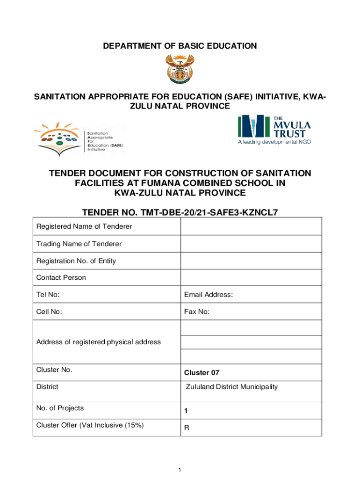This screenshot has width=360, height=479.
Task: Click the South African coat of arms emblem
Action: click(x=180, y=68)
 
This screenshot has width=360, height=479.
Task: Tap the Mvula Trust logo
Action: click(x=274, y=129)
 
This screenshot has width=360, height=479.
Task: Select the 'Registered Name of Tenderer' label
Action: click(x=84, y=226)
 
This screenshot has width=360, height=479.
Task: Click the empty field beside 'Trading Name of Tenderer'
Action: click(x=251, y=244)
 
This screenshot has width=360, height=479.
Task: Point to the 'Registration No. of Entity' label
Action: click(x=76, y=261)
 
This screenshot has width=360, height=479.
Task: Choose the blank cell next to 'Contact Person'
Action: click(x=251, y=277)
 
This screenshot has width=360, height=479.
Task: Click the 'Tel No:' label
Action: click(x=48, y=295)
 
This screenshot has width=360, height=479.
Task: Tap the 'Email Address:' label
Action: click(x=209, y=295)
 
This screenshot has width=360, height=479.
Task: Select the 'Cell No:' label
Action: click(x=49, y=312)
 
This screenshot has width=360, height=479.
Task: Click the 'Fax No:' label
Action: click(x=197, y=312)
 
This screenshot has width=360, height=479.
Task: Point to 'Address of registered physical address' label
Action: click(x=99, y=342)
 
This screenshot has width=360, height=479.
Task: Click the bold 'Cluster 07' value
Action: click(x=202, y=373)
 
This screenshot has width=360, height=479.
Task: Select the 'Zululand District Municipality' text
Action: click(x=232, y=387)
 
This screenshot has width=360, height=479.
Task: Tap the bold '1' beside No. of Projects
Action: click(x=186, y=411)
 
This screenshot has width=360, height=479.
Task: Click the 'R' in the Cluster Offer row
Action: click(x=187, y=428)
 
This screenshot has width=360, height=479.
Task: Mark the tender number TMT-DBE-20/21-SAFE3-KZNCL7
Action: click(x=180, y=212)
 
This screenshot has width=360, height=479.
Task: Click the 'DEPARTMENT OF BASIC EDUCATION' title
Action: click(x=180, y=46)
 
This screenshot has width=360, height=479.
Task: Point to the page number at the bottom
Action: click(x=180, y=470)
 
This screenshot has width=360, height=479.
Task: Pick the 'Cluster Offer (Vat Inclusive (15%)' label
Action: click(x=90, y=425)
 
